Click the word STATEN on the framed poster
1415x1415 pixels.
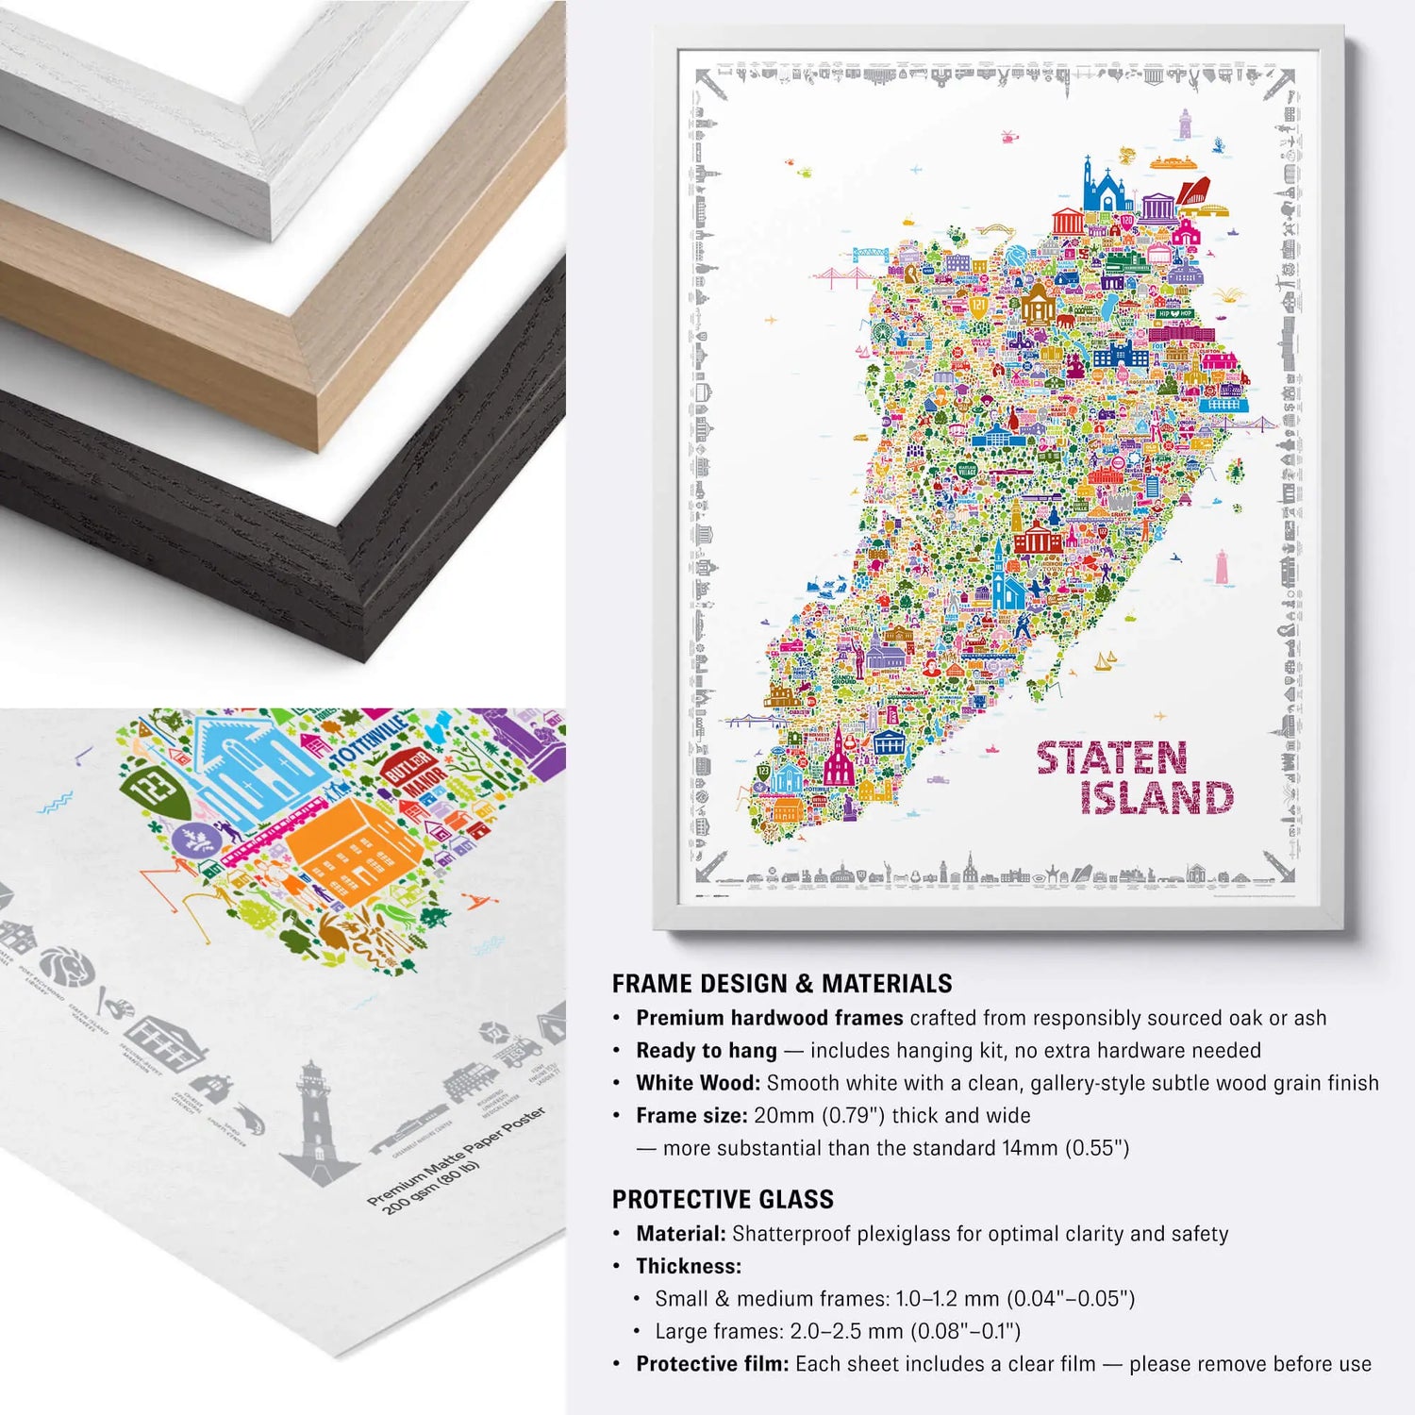(1111, 758)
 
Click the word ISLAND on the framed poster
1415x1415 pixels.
(1157, 798)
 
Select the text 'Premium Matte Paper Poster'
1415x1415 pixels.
(457, 1156)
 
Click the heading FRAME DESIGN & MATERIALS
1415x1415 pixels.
(781, 984)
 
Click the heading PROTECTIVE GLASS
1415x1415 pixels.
(723, 1199)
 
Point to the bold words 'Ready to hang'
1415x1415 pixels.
(706, 1050)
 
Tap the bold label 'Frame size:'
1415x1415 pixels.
(691, 1115)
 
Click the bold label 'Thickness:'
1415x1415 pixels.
(689, 1266)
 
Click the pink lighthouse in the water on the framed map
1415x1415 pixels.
(1223, 568)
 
